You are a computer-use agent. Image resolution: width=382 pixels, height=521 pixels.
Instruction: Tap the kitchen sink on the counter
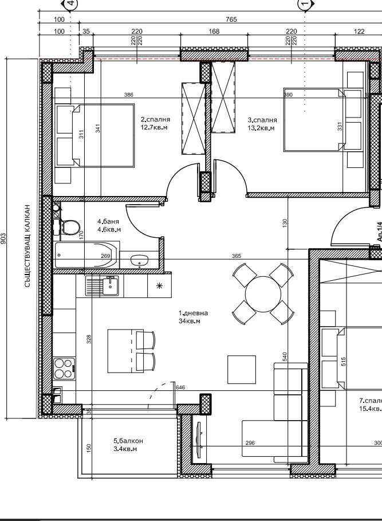104,285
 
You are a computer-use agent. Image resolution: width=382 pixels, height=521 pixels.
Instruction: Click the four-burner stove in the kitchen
64,368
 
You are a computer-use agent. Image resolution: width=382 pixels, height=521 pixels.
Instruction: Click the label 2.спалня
156,120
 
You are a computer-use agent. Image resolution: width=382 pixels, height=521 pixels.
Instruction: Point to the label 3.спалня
262,120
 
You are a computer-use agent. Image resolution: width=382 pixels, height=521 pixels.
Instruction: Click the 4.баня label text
109,221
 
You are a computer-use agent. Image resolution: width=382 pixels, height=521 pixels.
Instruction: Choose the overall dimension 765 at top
231,19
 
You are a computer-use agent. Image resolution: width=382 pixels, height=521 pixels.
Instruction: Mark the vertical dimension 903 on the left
5,238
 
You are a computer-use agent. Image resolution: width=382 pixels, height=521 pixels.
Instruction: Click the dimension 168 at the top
214,32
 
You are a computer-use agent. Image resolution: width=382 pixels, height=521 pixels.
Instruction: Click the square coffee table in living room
241,369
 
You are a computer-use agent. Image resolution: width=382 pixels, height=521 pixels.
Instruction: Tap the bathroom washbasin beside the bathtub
138,261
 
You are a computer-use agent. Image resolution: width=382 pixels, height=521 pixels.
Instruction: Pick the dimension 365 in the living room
236,256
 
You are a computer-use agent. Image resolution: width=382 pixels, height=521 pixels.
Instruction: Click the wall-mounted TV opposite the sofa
199,440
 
